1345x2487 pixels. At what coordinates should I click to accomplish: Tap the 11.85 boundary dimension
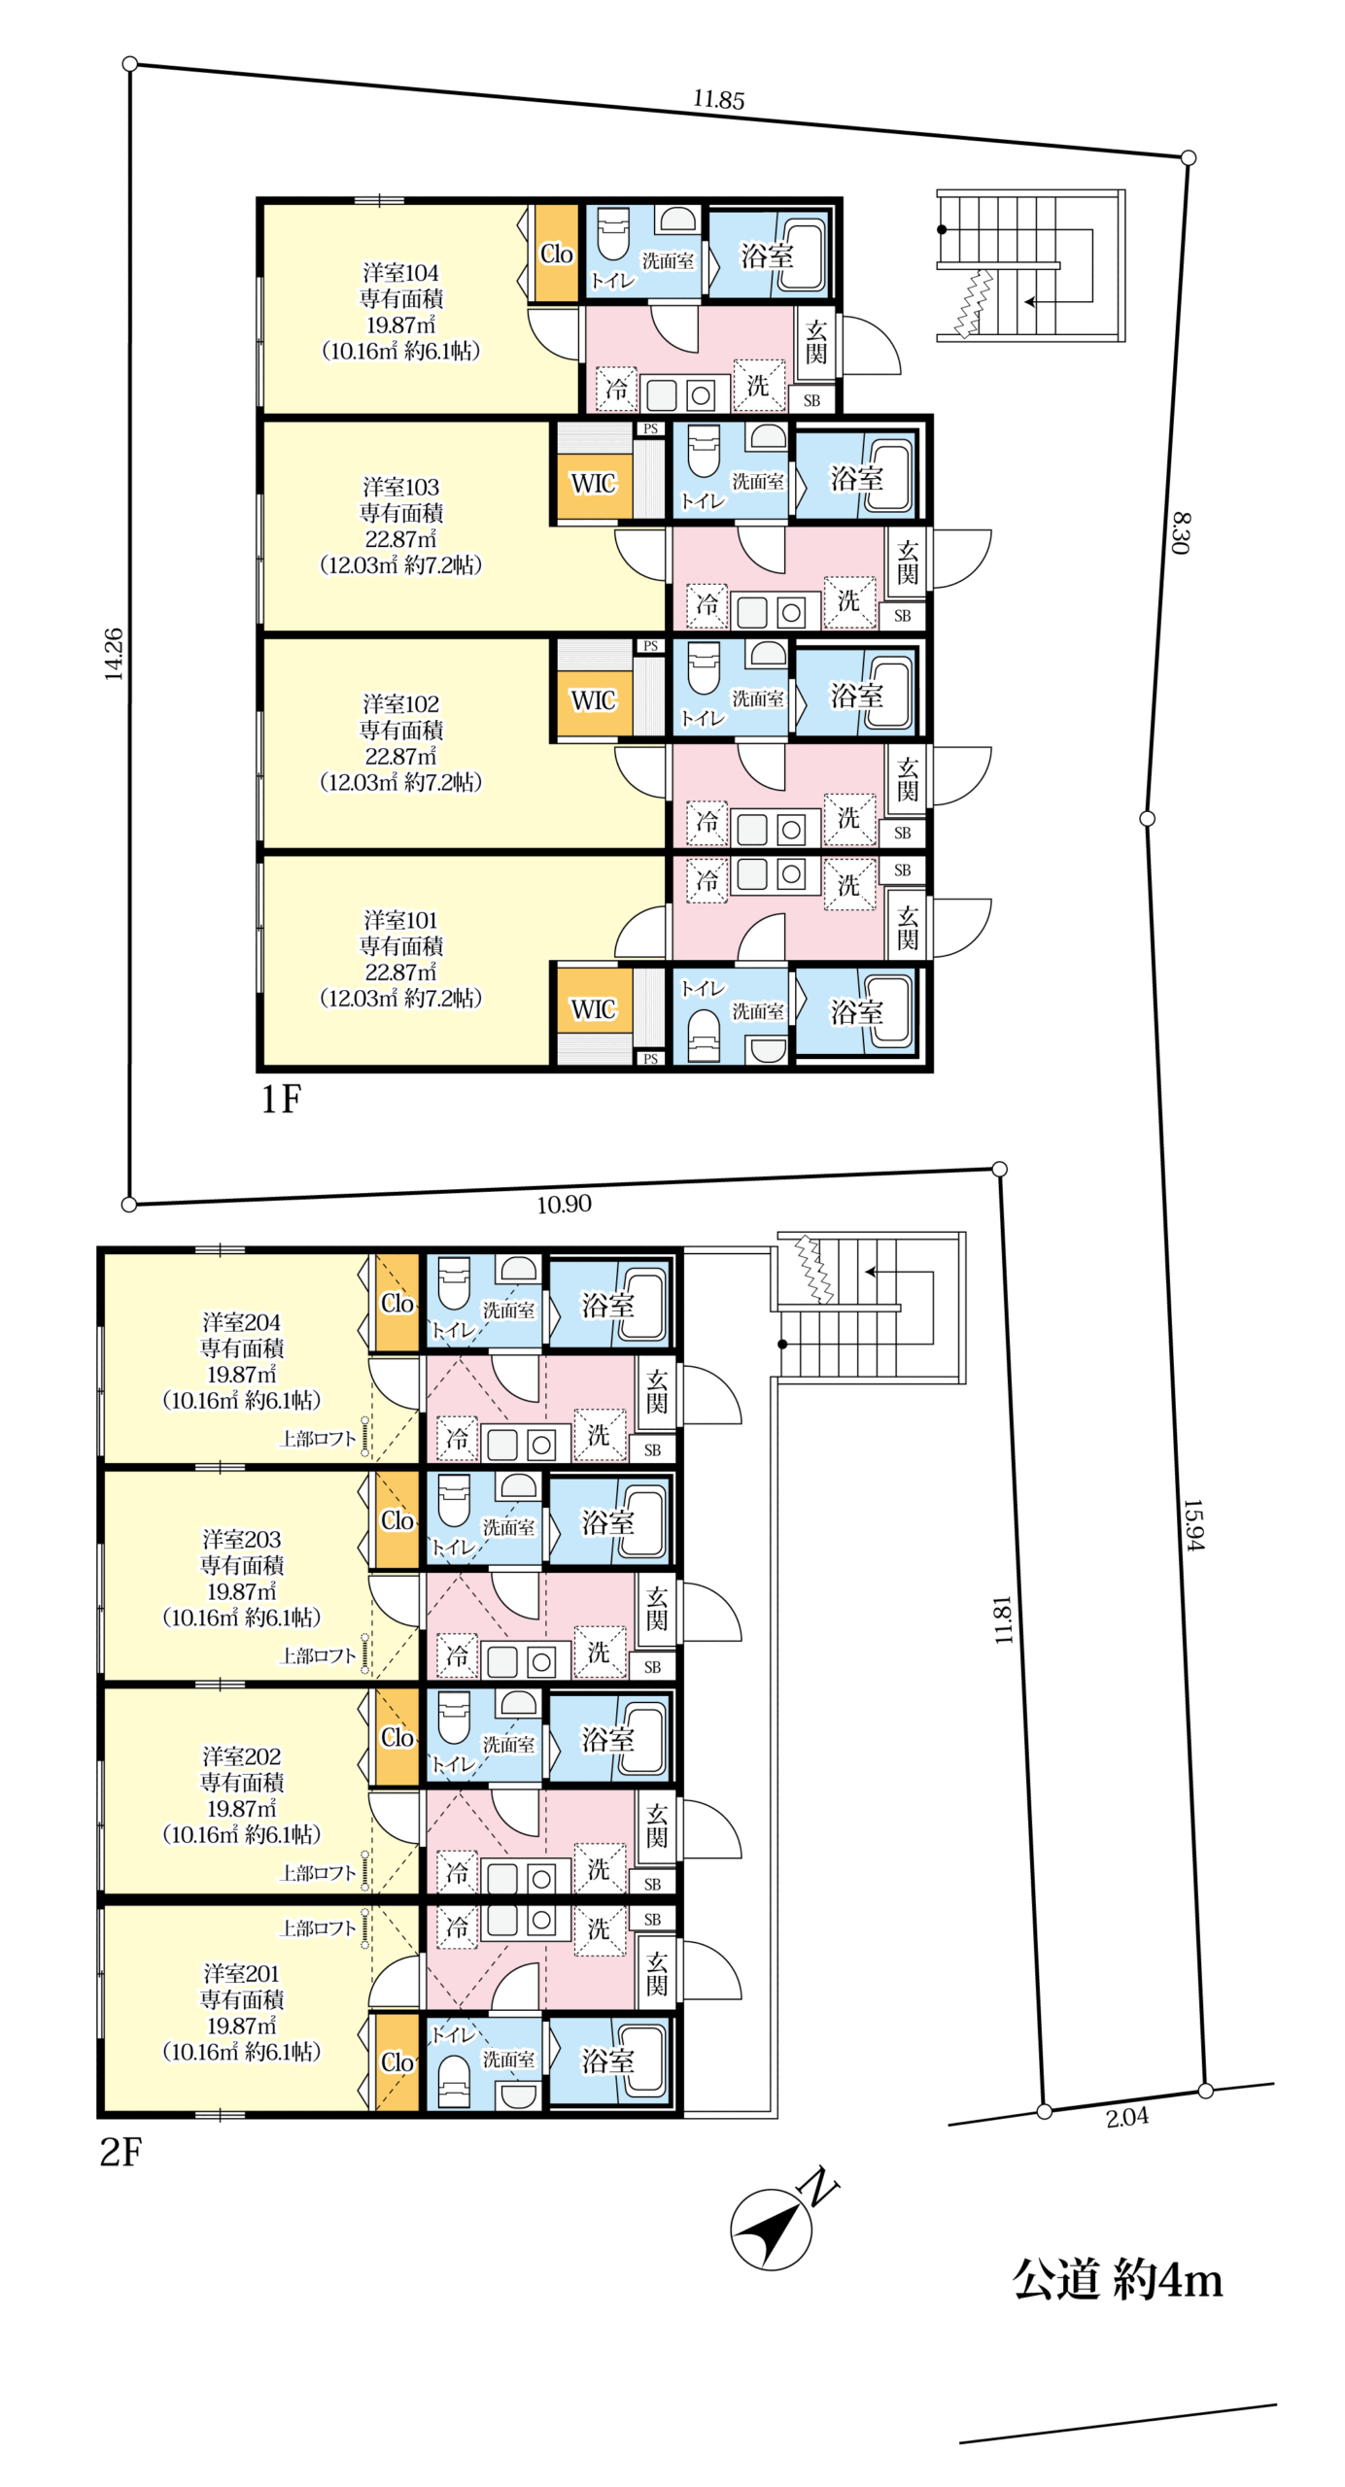point(718,99)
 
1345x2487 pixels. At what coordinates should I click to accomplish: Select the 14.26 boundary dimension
point(114,653)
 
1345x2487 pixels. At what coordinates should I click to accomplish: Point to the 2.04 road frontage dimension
point(1126,2116)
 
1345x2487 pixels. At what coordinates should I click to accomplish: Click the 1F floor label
point(281,1099)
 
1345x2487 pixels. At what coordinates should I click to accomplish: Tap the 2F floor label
point(121,2153)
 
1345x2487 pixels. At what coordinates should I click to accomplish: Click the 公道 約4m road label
point(1117,2279)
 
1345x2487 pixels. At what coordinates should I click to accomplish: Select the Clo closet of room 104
point(557,253)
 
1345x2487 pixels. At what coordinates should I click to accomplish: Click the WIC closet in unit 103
point(593,483)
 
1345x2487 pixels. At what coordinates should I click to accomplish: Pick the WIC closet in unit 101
point(593,1008)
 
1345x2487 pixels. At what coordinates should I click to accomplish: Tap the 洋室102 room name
point(400,703)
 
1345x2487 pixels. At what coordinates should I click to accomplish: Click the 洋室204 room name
point(241,1322)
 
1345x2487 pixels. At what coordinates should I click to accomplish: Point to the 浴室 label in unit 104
point(767,256)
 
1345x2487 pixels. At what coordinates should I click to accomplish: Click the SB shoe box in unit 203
point(652,1667)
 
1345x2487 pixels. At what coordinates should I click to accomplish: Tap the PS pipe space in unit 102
point(650,646)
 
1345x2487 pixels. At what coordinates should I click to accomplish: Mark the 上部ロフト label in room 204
point(318,1438)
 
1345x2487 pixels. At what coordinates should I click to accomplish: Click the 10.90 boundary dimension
point(564,1204)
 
